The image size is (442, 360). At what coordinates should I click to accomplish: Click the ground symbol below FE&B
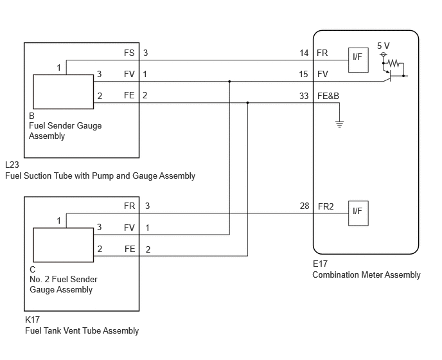339,124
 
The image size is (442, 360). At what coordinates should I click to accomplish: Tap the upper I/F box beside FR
358,60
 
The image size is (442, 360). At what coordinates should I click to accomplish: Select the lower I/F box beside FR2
358,213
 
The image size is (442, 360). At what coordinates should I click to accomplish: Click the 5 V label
383,46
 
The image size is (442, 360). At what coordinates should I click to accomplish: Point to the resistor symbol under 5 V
394,63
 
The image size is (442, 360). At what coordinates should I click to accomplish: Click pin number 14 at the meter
304,53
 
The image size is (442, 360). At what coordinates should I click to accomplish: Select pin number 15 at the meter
304,74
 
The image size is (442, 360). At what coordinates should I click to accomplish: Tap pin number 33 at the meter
304,96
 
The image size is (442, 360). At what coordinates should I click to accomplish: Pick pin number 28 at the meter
305,206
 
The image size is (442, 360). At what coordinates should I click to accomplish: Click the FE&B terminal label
328,96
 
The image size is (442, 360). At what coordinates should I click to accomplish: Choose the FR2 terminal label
326,206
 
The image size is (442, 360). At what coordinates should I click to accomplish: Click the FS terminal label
129,53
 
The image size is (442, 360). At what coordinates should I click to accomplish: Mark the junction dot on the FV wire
229,82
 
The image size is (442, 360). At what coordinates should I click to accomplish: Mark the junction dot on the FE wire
247,103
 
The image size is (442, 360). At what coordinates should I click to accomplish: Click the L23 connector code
12,165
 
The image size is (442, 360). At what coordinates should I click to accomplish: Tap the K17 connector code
32,319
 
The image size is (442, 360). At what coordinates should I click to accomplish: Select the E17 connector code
320,264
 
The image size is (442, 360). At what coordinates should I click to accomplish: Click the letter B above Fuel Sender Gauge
31,116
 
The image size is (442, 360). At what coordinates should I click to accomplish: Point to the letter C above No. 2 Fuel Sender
32,269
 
